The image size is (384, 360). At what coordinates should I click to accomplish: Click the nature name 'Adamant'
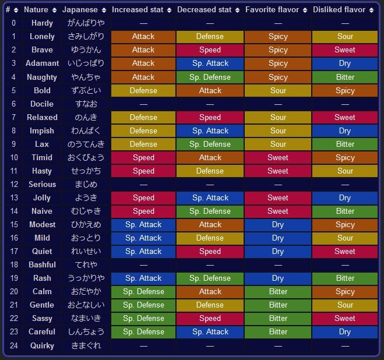[42, 63]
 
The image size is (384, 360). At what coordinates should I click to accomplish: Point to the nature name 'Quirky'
[42, 345]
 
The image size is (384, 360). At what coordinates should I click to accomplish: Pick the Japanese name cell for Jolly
[83, 197]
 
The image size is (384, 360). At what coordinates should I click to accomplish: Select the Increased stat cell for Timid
[143, 157]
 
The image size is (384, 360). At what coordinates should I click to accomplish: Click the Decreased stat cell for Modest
[210, 224]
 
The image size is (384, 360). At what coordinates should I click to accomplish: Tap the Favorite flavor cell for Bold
[278, 90]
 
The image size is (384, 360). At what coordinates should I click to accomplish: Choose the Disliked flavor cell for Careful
[345, 331]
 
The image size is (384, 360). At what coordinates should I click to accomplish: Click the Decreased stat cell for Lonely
[210, 36]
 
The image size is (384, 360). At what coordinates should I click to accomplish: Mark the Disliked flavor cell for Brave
[345, 50]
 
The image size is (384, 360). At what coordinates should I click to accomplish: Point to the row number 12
[13, 184]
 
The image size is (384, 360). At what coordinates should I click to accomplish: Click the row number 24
[13, 345]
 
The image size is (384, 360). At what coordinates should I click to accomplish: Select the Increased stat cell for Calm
[143, 291]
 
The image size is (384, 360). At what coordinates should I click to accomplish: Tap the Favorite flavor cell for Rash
[278, 278]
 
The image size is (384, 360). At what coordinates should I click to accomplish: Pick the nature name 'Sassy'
[42, 318]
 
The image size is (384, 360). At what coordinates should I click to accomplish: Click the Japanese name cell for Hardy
[83, 23]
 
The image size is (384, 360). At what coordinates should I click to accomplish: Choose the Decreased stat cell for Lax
[210, 144]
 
